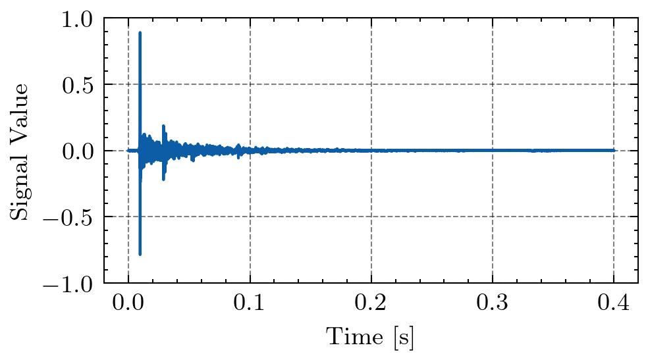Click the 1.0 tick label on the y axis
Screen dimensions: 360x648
click(x=78, y=18)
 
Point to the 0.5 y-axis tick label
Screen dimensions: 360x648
click(x=78, y=84)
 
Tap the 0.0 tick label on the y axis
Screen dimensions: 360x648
click(x=78, y=151)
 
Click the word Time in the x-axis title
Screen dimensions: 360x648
click(x=350, y=337)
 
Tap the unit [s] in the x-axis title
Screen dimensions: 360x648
click(x=404, y=338)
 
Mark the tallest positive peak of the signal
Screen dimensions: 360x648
click(x=140, y=32)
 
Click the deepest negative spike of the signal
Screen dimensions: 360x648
click(x=140, y=254)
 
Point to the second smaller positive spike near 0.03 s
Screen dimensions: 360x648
click(x=163, y=126)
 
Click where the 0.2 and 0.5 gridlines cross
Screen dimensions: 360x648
click(x=371, y=84)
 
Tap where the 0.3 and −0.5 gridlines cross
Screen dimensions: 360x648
click(x=492, y=217)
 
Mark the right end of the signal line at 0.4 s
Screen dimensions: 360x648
click(x=614, y=150)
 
